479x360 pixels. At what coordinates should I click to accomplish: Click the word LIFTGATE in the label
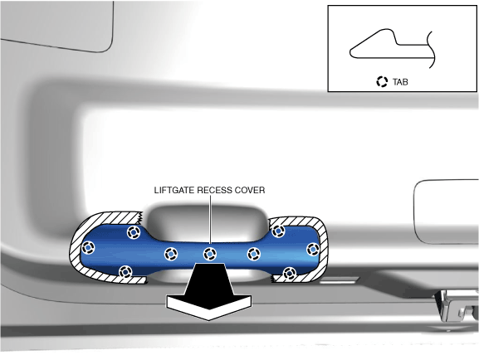(x=174, y=190)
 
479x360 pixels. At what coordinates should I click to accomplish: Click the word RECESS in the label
(x=215, y=190)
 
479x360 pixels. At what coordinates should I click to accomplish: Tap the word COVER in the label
(x=250, y=190)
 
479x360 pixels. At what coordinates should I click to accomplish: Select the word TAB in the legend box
(x=400, y=82)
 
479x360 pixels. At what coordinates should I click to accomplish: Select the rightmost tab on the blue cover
(x=313, y=250)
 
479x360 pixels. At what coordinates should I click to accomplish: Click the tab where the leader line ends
(x=210, y=254)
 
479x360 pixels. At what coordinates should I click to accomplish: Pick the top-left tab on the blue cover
(x=134, y=232)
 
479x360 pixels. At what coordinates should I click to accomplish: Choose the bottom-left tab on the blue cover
(x=125, y=272)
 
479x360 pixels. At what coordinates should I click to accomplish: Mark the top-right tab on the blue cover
(x=278, y=231)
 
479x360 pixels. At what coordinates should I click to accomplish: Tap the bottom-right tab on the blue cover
(x=289, y=273)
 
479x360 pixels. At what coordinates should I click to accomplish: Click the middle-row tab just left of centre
(x=171, y=254)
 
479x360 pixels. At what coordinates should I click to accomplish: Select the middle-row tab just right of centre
(x=253, y=254)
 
